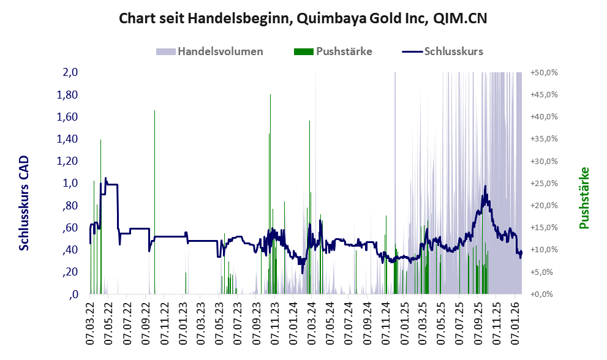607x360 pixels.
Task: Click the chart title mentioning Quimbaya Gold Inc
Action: coord(303,18)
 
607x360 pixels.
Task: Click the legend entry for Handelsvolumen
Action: coord(221,51)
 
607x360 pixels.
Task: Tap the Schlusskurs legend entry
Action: coord(453,51)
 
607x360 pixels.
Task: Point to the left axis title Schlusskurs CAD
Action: coord(25,203)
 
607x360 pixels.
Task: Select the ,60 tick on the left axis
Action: coord(69,228)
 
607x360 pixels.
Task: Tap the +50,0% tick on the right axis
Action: coord(544,73)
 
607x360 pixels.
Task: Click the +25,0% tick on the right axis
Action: coord(544,183)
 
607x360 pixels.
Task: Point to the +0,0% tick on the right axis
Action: coord(544,294)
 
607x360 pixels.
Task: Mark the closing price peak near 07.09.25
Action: coord(485,186)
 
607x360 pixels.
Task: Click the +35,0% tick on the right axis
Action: coord(544,139)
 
